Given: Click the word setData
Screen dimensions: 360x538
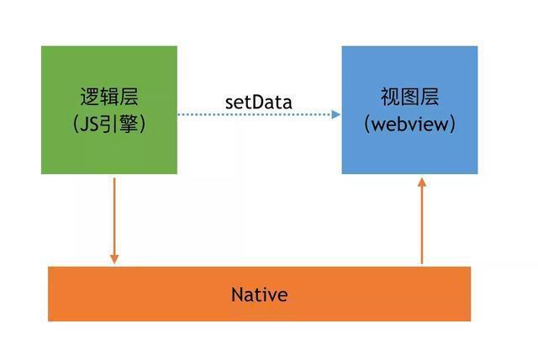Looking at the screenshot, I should pyautogui.click(x=258, y=102).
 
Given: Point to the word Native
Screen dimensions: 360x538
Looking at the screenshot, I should pyautogui.click(x=259, y=295).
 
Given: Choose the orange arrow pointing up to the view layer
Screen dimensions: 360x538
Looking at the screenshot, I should pyautogui.click(x=422, y=223).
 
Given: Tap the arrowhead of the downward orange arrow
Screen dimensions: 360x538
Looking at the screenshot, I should pyautogui.click(x=114, y=257).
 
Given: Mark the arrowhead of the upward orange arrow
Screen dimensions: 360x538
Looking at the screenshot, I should pyautogui.click(x=422, y=183).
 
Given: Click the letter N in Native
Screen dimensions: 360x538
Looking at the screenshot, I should pyautogui.click(x=236, y=295).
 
